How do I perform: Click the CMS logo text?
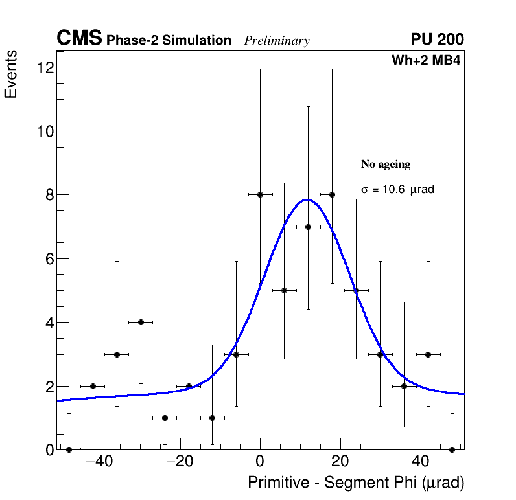click(79, 39)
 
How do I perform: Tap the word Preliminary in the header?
click(277, 41)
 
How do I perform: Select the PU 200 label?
click(437, 40)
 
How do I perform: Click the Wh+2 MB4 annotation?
click(425, 61)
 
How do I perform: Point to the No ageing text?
click(386, 165)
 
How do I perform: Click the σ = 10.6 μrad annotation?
click(397, 190)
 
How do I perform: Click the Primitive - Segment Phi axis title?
click(356, 483)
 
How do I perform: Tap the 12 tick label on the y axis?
click(45, 67)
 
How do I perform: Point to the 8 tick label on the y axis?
click(47, 195)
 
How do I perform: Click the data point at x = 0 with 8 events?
click(260, 194)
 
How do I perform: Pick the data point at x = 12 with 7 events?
click(308, 227)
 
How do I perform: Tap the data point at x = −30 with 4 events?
click(141, 322)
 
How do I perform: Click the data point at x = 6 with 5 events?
click(284, 290)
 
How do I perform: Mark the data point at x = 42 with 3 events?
click(428, 354)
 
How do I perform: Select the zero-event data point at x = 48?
click(452, 449)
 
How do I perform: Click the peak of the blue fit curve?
click(307, 199)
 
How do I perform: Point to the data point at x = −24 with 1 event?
click(165, 418)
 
